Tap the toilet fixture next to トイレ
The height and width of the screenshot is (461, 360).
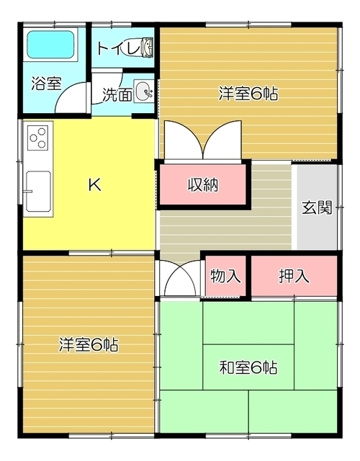tap(146, 48)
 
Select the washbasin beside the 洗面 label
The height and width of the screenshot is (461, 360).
tap(144, 91)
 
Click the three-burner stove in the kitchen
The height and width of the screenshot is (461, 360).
tap(39, 136)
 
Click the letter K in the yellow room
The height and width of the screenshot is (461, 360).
tap(94, 184)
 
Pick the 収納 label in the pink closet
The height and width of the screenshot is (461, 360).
tap(203, 184)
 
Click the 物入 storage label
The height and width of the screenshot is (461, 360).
tap(225, 276)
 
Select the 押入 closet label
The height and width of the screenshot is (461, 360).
tap(293, 276)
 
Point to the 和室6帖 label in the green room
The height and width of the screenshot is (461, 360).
tap(248, 367)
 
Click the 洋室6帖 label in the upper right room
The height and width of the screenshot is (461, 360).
tap(248, 92)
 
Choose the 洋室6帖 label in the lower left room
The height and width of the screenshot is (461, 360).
tap(89, 344)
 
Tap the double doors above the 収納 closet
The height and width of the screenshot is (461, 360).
tap(203, 141)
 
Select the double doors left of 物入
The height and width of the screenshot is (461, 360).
tap(181, 279)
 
